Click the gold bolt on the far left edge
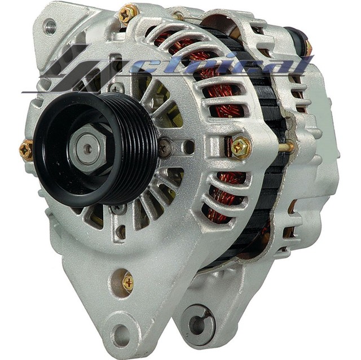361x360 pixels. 26,150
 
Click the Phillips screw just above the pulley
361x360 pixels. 117,87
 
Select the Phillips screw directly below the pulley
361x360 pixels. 118,209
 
